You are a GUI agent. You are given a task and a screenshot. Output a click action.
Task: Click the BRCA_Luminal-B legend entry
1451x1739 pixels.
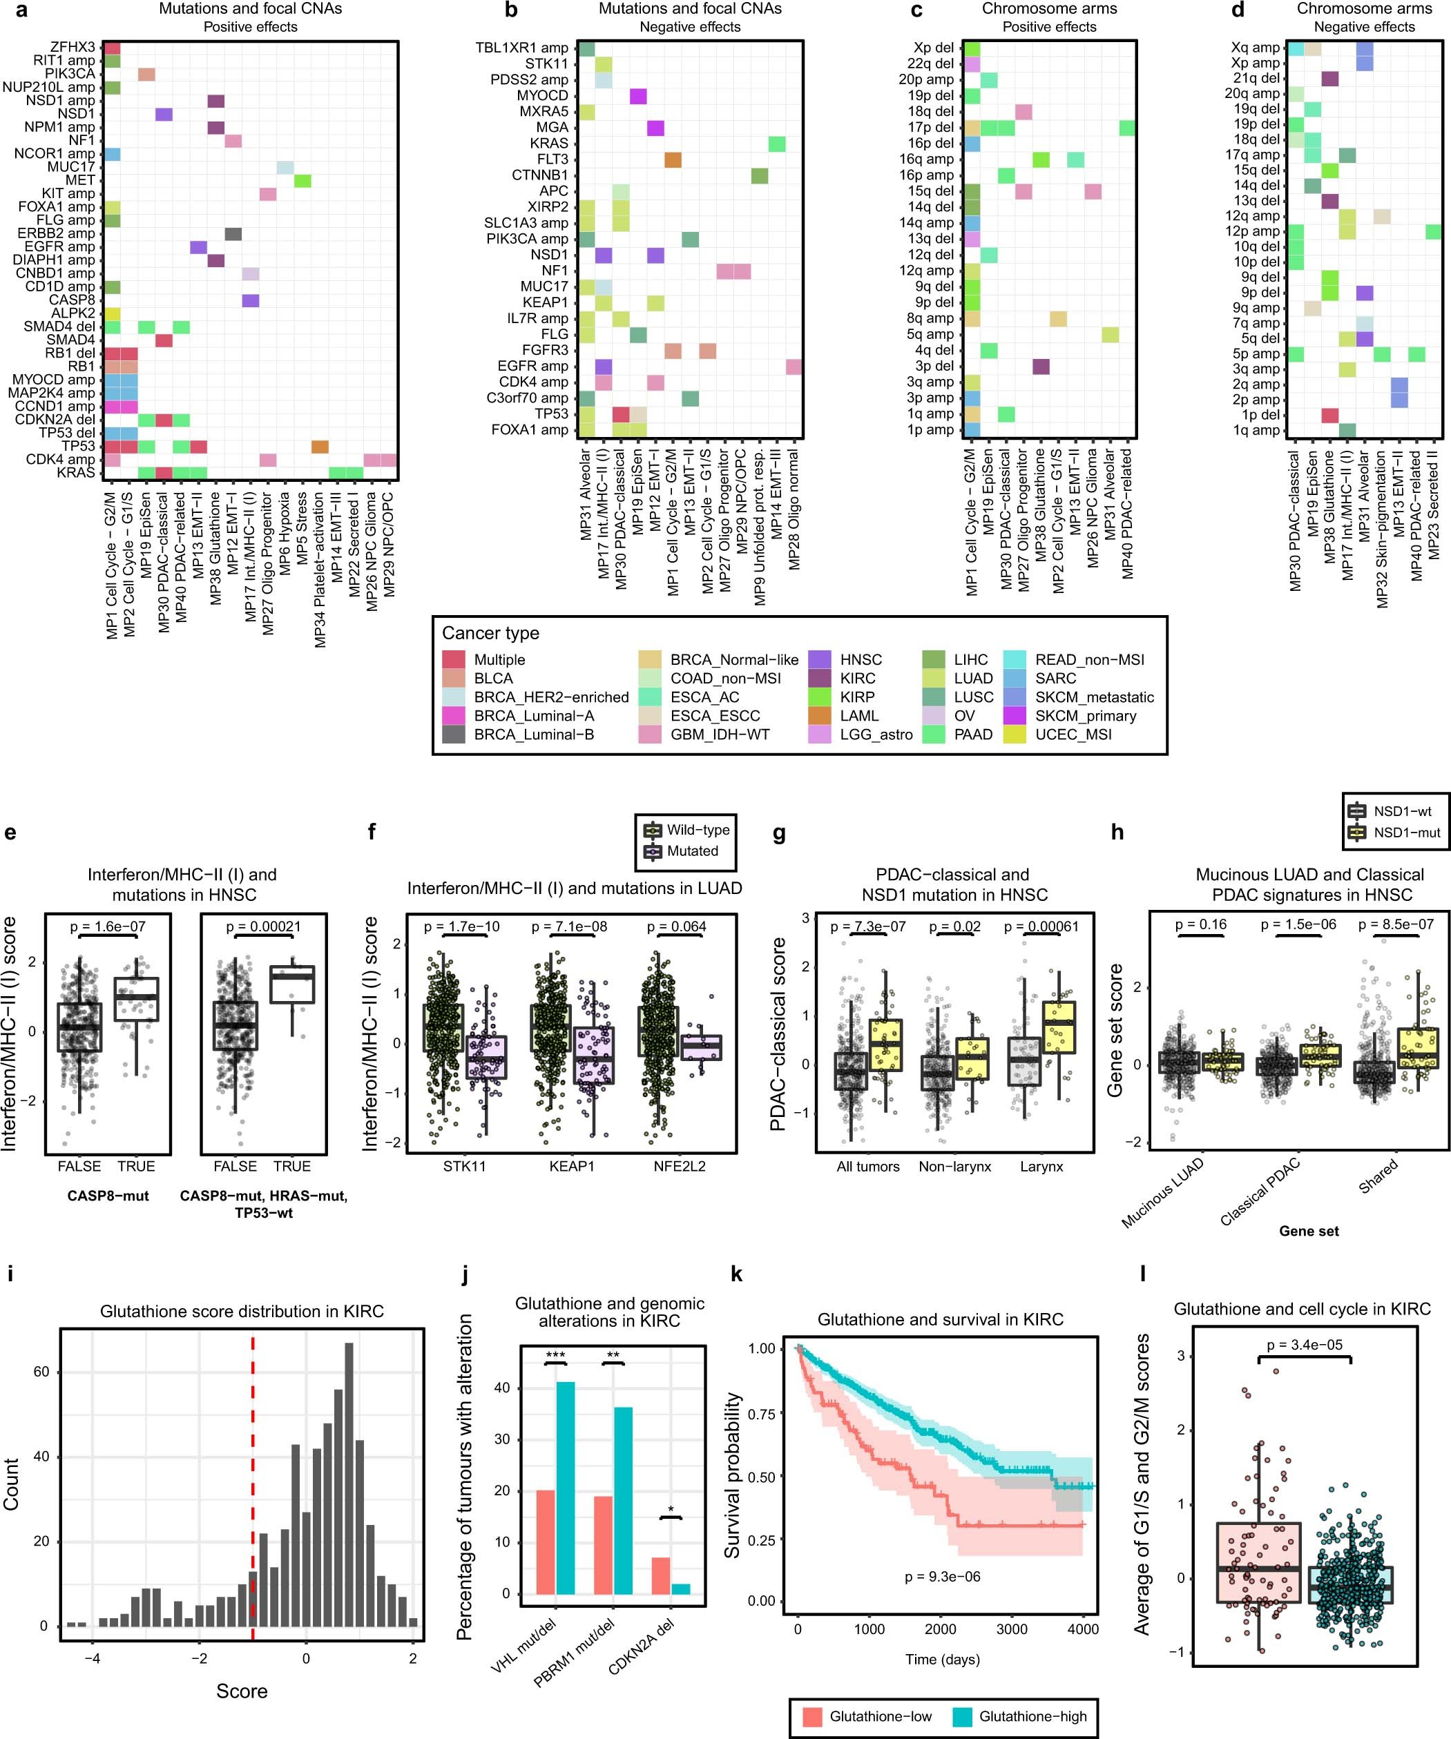533,735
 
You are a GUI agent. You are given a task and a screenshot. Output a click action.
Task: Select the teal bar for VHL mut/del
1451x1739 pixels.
566,1488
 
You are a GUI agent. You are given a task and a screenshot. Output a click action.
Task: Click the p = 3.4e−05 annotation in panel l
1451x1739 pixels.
1305,1345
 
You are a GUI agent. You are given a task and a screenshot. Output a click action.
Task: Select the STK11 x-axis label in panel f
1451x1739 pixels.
465,1166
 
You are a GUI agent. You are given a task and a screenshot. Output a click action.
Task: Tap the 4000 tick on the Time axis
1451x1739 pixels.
1082,1629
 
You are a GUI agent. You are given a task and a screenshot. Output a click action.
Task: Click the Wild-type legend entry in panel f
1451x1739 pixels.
698,830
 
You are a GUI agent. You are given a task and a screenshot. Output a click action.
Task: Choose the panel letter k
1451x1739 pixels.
736,1274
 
